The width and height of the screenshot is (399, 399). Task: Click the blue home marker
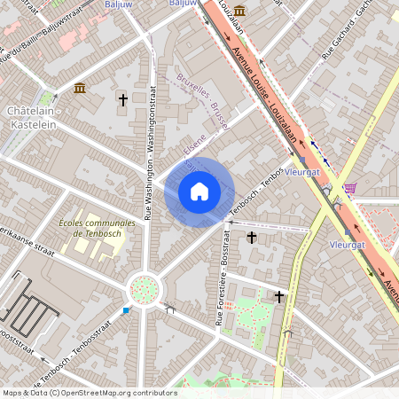pyautogui.click(x=199, y=192)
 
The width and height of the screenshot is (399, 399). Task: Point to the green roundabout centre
pyautogui.click(x=143, y=288)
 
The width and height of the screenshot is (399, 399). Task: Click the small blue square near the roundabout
pyautogui.click(x=126, y=310)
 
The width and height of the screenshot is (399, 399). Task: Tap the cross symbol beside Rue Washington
pyautogui.click(x=122, y=100)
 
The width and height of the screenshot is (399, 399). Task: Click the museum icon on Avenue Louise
pyautogui.click(x=240, y=11)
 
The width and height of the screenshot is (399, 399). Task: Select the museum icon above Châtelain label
pyautogui.click(x=80, y=88)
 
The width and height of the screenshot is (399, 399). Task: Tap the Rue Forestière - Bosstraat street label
pyautogui.click(x=222, y=276)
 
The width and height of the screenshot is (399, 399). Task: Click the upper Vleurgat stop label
pyautogui.click(x=303, y=172)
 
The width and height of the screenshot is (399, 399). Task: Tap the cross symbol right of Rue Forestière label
pyautogui.click(x=252, y=238)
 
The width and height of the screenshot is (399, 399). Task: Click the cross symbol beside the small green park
pyautogui.click(x=280, y=297)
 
